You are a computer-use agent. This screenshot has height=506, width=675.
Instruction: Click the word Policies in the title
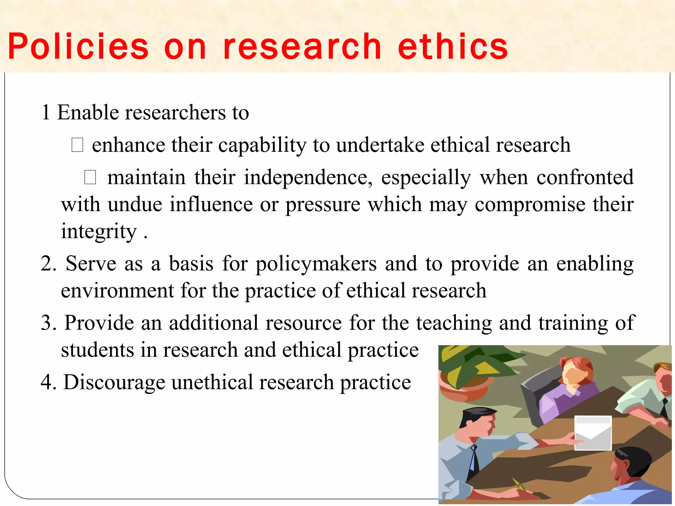(x=78, y=47)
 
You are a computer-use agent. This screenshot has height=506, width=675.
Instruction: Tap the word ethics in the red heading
(x=453, y=47)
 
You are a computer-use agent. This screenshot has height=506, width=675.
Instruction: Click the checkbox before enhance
(x=77, y=145)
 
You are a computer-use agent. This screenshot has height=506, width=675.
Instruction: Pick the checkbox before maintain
(x=90, y=177)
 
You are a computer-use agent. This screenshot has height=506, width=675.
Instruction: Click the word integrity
(x=99, y=231)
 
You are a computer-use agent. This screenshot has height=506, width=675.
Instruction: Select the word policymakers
(x=316, y=264)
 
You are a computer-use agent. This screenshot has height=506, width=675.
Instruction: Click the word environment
(x=117, y=291)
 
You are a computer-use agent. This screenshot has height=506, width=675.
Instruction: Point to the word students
(x=98, y=350)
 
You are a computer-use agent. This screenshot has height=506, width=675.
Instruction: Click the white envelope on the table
(x=593, y=433)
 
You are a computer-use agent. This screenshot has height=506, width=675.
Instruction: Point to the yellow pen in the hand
(x=518, y=484)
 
